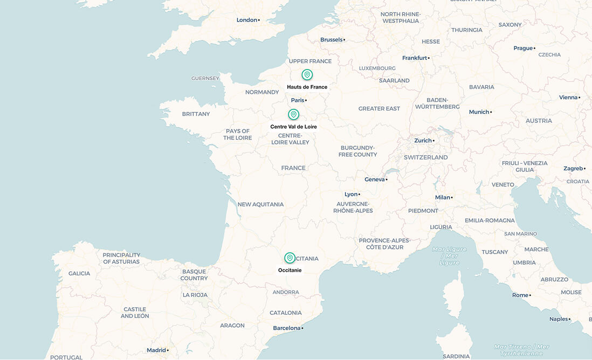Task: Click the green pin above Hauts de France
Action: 307,74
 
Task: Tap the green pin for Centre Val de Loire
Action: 293,114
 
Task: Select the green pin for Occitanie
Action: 290,258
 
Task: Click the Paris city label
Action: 298,100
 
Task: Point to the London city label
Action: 247,20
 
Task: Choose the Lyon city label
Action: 352,194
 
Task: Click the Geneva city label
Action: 375,179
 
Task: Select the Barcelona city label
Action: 287,328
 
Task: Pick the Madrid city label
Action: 157,350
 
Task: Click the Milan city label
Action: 443,197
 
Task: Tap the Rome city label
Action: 521,295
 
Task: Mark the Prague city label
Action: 524,48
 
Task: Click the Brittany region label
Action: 196,114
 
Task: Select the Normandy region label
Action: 262,92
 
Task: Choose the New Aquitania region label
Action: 260,204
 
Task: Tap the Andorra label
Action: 286,292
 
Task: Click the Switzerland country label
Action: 425,157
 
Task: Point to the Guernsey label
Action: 205,78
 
